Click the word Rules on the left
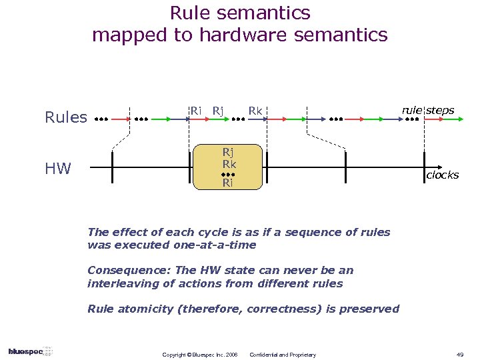[x=66, y=118]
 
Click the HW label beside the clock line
[x=58, y=169]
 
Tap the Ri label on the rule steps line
[x=196, y=110]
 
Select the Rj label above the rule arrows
[x=217, y=110]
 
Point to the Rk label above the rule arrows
[x=255, y=110]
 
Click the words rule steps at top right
[x=427, y=110]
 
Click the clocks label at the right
[x=443, y=175]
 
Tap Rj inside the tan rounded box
[x=229, y=151]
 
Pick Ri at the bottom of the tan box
[x=229, y=182]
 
